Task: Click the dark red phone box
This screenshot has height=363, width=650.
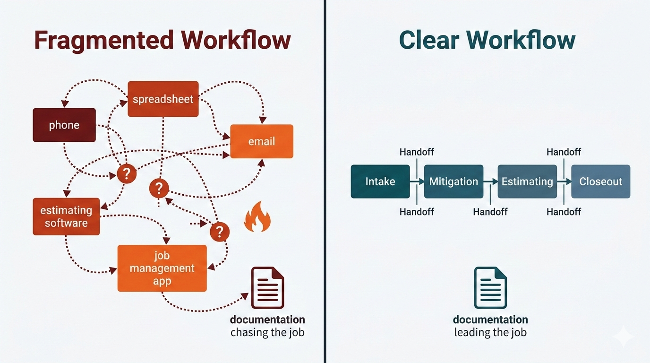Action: pos(64,125)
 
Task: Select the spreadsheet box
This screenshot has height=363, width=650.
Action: pos(163,99)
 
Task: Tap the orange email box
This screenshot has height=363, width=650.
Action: pos(261,141)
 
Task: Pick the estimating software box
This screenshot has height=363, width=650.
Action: pos(66,216)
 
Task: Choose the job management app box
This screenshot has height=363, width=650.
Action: pos(162,268)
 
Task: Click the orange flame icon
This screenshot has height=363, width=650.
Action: pos(257,218)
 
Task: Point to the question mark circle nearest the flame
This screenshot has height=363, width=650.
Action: pos(219,232)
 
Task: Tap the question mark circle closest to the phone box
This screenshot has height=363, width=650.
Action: pos(126,173)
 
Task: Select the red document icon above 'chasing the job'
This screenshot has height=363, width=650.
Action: pos(267,288)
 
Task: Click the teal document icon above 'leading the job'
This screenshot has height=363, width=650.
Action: pos(490,288)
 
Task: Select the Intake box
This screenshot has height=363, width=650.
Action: pos(380,181)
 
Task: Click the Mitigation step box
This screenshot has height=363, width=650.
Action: pos(453,181)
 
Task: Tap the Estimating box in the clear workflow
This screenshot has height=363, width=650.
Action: pos(527,181)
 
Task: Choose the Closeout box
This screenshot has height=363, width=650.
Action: pos(600,181)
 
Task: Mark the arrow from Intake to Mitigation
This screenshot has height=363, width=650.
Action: pos(417,181)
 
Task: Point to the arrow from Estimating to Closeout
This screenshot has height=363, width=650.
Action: pos(564,181)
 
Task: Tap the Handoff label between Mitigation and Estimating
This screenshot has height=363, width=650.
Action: pos(490,212)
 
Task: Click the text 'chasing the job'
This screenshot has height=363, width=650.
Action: pos(267,333)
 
